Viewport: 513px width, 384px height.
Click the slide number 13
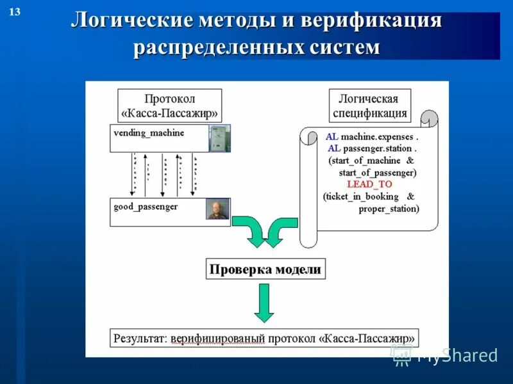tap(15, 12)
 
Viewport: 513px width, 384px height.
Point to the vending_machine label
tap(149, 133)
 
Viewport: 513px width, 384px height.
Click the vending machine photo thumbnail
tap(219, 138)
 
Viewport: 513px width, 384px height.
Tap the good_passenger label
tap(146, 207)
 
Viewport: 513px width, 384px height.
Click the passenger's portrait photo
tap(217, 209)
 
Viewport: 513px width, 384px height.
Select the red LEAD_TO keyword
tap(369, 184)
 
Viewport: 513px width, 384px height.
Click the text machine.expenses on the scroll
tap(379, 137)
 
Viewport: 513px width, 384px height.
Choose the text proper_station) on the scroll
tap(389, 209)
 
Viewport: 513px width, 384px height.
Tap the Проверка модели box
tap(265, 269)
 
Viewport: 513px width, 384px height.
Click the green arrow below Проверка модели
tap(264, 303)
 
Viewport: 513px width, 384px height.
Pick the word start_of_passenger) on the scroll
tap(378, 173)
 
